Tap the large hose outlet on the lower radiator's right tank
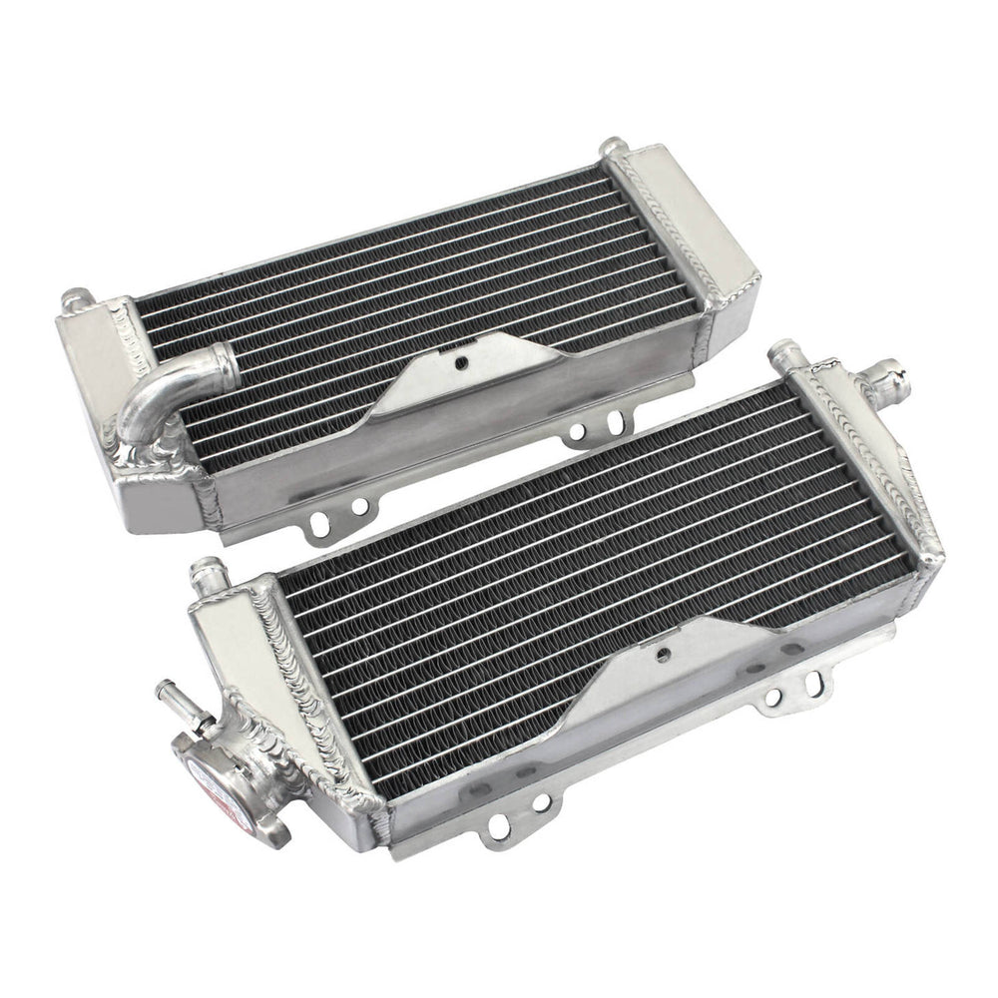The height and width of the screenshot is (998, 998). click(x=894, y=377)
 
